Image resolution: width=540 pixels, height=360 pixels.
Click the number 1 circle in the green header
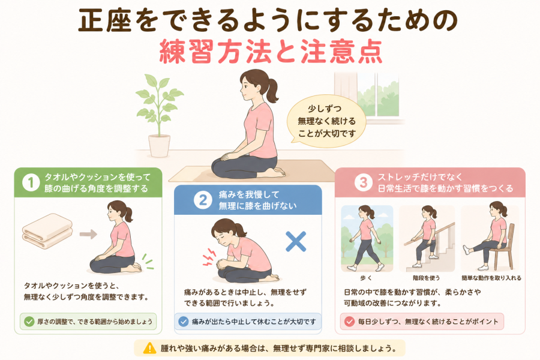(x=31, y=182)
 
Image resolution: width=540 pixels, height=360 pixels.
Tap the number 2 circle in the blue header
(x=203, y=200)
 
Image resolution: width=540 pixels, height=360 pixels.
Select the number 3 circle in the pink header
(x=364, y=182)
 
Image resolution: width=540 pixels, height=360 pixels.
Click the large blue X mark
(x=296, y=241)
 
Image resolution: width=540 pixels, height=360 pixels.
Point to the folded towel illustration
(x=47, y=230)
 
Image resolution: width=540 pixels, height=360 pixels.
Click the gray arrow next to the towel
(x=88, y=234)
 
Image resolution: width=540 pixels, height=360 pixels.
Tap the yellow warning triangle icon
(x=149, y=348)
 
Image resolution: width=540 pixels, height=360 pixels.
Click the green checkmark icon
(x=29, y=322)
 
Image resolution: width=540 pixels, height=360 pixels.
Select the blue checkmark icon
(x=183, y=322)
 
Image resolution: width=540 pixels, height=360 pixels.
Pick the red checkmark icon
(x=349, y=322)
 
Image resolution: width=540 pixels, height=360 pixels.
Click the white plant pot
(x=159, y=146)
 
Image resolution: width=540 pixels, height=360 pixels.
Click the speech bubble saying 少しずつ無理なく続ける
(x=326, y=121)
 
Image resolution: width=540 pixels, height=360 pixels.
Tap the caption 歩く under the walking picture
(x=366, y=278)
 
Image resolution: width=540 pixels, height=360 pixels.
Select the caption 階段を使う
(x=427, y=278)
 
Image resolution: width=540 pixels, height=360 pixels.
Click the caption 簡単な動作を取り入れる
(x=491, y=278)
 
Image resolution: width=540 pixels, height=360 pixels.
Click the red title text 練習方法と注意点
(x=271, y=52)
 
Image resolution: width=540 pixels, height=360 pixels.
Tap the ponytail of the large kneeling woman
(x=272, y=90)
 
